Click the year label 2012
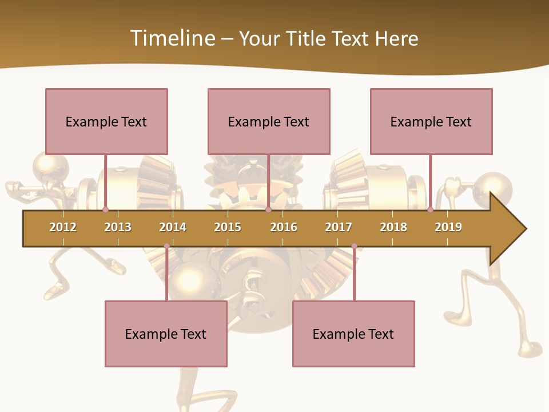[63, 227]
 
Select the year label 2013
[118, 227]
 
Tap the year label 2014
[173, 227]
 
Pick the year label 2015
[228, 227]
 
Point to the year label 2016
[284, 227]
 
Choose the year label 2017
[339, 227]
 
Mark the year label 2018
[393, 227]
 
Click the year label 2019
[448, 227]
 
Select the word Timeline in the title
[172, 38]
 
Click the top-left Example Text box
[106, 121]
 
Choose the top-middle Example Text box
[269, 121]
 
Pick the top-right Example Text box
[431, 121]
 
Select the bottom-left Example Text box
[166, 334]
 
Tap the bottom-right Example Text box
[353, 334]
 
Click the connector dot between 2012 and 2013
[105, 210]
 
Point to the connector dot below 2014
[166, 246]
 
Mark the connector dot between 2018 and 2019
[430, 210]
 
